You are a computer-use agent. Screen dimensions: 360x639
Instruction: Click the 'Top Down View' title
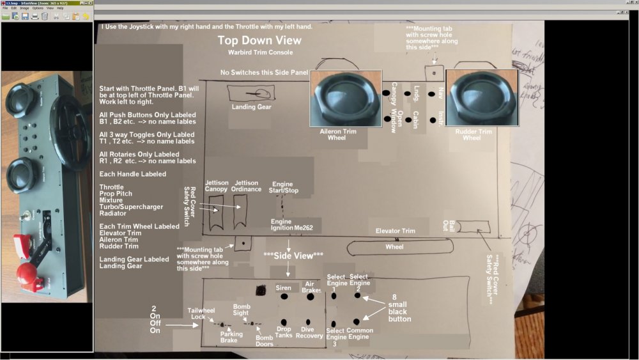(259, 41)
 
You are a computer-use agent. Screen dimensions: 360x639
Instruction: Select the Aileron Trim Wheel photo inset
(346, 98)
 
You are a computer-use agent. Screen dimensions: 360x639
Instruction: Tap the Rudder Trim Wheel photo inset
(481, 98)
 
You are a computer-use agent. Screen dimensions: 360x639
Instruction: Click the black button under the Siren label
(284, 297)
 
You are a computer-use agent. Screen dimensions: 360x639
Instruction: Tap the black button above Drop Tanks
(284, 322)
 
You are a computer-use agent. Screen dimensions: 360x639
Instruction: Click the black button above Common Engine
(356, 322)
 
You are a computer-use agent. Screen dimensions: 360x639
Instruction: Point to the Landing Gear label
(252, 107)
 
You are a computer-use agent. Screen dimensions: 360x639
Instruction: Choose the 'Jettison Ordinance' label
(246, 186)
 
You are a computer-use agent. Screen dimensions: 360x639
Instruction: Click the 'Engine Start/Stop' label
(282, 187)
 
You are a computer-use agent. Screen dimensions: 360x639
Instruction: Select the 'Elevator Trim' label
(395, 231)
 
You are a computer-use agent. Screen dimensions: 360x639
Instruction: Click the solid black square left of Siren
(261, 290)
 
